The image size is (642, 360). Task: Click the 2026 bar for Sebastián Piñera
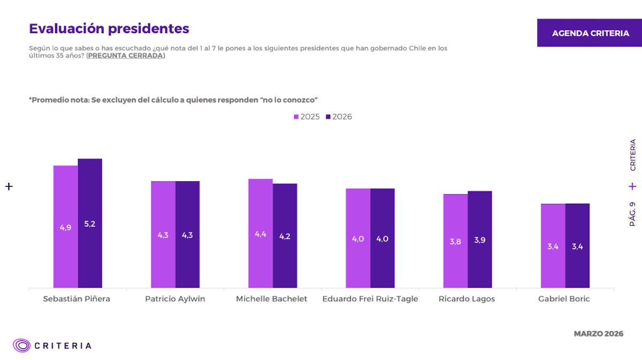(90, 223)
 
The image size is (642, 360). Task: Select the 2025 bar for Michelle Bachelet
(261, 233)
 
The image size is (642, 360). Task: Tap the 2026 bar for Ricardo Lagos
(479, 239)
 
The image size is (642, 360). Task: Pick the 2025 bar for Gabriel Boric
(553, 246)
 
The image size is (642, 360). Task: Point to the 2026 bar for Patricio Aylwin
(187, 234)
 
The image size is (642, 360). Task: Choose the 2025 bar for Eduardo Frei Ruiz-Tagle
(358, 238)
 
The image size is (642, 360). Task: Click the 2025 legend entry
(307, 117)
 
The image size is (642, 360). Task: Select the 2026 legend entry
(339, 117)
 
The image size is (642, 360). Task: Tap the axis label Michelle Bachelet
(272, 299)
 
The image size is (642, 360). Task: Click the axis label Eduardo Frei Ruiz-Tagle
(370, 299)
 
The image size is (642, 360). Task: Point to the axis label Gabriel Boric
(564, 299)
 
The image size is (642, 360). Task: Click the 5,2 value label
(90, 224)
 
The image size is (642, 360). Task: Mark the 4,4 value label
(261, 234)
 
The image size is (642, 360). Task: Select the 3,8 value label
(455, 241)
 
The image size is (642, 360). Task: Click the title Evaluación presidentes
(109, 28)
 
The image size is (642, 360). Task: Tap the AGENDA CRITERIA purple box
(590, 33)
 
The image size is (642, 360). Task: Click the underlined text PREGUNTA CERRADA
(126, 56)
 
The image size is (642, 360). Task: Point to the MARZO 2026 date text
(598, 334)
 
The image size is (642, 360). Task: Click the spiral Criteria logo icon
(22, 346)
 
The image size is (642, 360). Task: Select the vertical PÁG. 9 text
(632, 213)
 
